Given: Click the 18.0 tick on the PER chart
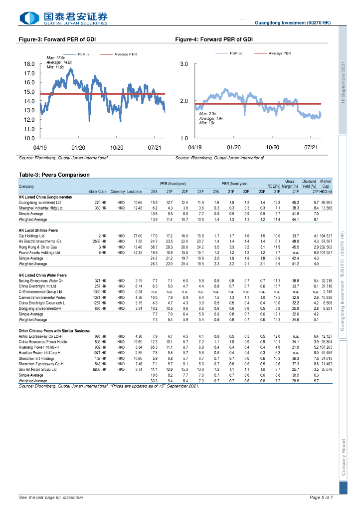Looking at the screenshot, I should coord(29,64).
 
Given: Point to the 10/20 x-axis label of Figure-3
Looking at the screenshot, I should coord(117,148).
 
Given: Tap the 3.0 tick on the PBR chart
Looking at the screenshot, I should coord(183,64).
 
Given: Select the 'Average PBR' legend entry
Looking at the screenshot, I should coord(280,53).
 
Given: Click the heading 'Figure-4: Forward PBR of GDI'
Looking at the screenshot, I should coord(213,38).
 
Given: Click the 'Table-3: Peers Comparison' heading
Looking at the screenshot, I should coord(54,175).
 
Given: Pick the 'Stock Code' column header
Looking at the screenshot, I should coord(97,192).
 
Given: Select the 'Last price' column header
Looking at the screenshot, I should coord(135,192).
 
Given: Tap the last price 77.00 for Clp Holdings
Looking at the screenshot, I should coord(138,235).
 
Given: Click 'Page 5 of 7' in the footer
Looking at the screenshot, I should coord(321,498).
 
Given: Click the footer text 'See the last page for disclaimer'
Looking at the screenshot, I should coord(51,498).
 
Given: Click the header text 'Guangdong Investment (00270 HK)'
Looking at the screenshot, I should coord(293,23).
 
